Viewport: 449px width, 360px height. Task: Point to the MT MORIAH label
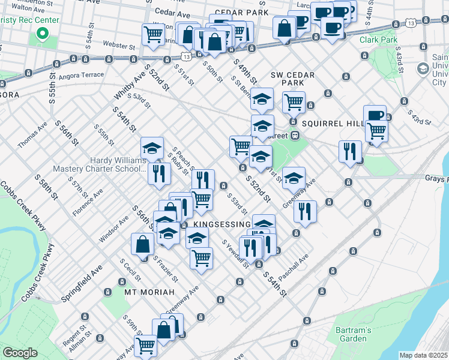149,292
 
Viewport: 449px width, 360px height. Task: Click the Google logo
20,353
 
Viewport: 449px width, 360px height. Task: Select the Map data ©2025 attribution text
423,355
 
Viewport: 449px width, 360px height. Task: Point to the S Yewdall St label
235,254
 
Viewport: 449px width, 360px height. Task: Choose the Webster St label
118,46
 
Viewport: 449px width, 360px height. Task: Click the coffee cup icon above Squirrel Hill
375,115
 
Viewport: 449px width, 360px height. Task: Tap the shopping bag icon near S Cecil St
143,244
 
